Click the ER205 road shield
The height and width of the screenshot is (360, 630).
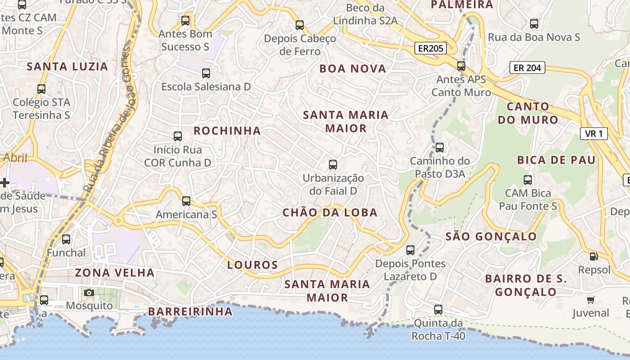pos(430,48)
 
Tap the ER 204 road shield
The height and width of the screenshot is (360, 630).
pos(527,68)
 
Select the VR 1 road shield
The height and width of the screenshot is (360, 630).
pos(594,133)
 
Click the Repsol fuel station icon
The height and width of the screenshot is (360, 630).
pos(594,256)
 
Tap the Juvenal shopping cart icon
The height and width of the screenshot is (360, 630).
pos(591,300)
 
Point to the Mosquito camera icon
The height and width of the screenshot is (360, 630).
pos(89,292)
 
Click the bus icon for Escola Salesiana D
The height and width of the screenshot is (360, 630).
pos(206,73)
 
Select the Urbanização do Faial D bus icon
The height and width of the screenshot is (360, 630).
pos(333,165)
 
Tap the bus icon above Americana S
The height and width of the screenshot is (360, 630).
pos(186,201)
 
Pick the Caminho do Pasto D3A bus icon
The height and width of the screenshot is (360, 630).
pos(440,147)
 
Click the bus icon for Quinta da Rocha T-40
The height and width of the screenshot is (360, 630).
pos(438,310)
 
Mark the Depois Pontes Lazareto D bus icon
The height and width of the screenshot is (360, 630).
pos(410,250)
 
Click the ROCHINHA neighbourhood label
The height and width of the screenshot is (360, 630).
pos(227,131)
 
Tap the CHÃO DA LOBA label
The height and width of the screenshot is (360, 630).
pos(330,213)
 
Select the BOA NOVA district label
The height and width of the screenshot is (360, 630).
pos(353,69)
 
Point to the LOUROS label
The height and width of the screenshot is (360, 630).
pos(252,265)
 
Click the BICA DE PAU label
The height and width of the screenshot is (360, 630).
pos(556,160)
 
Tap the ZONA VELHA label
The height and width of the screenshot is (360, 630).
pos(115,273)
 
